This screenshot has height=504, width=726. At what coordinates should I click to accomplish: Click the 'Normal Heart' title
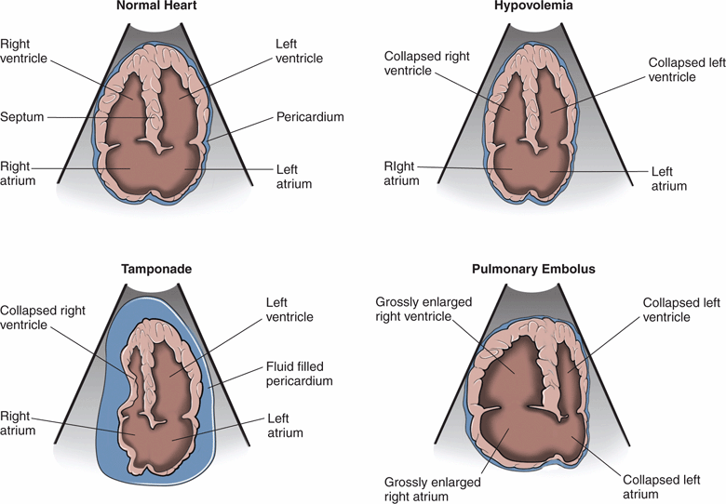coord(155,7)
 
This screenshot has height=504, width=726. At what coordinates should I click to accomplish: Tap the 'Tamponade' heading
coord(155,270)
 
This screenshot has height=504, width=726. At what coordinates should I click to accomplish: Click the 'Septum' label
coord(20,118)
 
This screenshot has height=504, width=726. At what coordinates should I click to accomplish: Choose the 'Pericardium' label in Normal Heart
coord(310,118)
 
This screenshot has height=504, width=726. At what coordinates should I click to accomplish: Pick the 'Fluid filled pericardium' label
coord(300,374)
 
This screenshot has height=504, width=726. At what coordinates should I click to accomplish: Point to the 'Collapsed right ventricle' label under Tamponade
coord(45,317)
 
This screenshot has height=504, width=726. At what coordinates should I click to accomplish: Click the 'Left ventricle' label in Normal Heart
coord(299,51)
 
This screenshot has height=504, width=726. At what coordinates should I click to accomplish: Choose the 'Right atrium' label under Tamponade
coord(19,424)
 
